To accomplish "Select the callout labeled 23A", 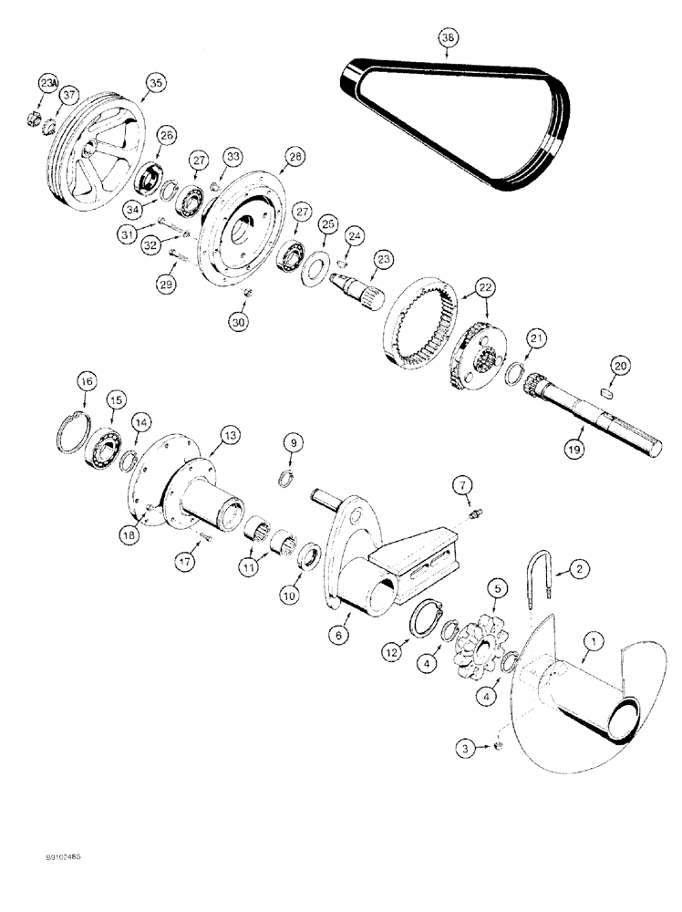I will tap(48, 84).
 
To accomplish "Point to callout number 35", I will tap(156, 83).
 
